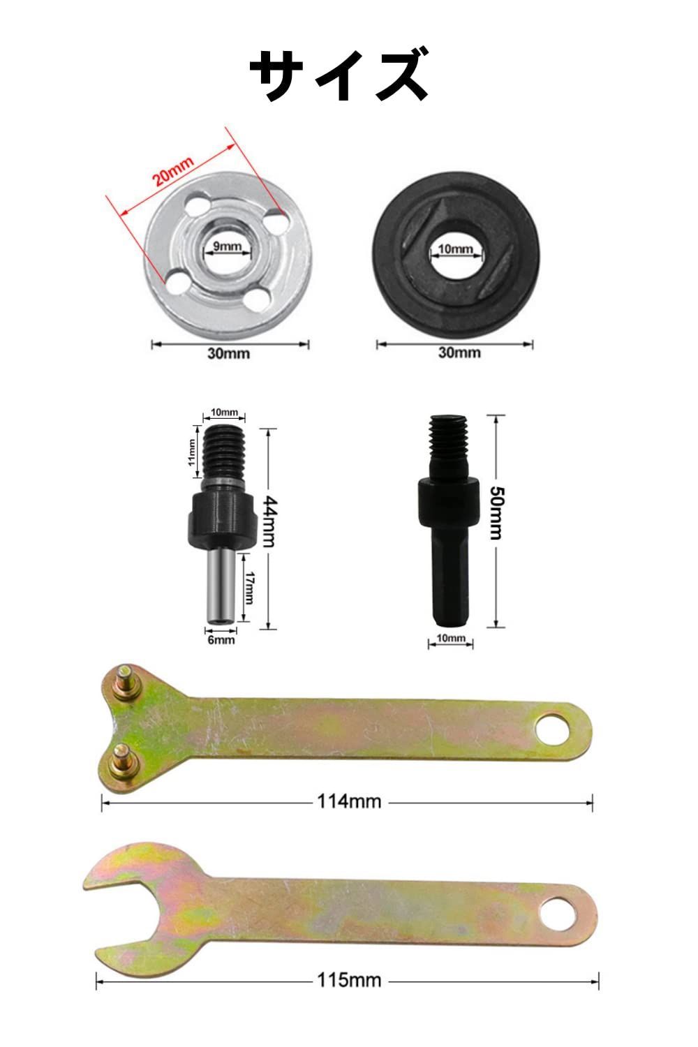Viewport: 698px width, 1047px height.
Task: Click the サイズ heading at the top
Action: (339, 74)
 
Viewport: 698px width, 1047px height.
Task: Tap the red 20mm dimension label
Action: (173, 171)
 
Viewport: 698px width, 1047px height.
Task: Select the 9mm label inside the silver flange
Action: (228, 246)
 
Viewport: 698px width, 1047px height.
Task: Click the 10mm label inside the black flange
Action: (455, 248)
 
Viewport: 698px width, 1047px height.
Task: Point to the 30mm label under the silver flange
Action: (229, 353)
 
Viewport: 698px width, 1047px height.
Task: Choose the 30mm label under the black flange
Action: (459, 352)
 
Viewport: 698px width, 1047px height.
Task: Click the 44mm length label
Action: (269, 521)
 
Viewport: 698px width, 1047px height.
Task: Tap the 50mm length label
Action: (496, 513)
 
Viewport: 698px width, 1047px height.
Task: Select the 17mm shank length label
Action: (249, 588)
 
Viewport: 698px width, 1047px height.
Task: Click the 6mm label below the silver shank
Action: (221, 639)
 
